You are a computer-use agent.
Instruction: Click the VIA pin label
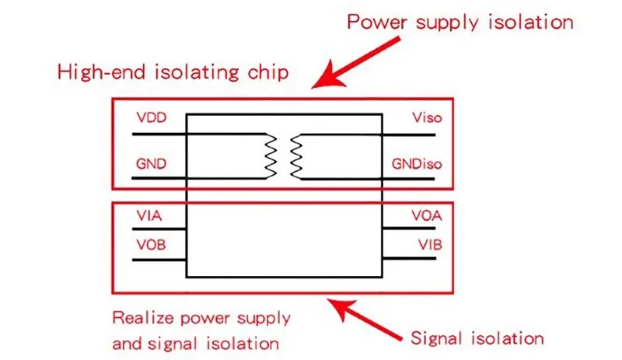(x=149, y=215)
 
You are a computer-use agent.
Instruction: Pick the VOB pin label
(x=151, y=245)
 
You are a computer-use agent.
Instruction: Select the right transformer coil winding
(x=295, y=156)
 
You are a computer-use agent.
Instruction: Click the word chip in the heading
(x=270, y=73)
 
